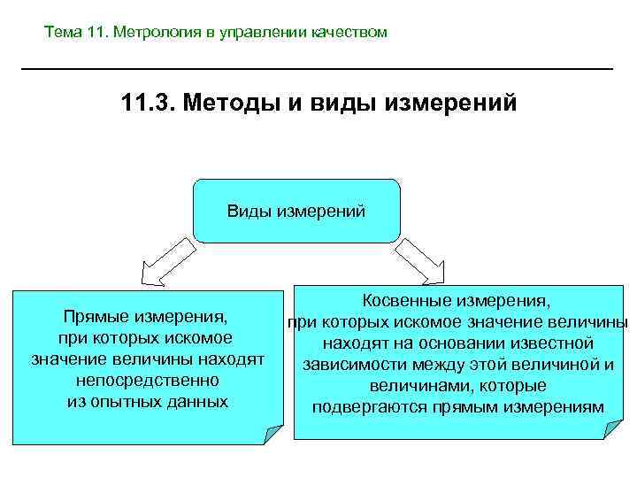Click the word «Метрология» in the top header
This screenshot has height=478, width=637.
point(152,33)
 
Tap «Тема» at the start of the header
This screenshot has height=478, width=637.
point(64,33)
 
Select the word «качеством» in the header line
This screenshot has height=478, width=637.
point(349,33)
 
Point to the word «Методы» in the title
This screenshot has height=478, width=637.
point(231,105)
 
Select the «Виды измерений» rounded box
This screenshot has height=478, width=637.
point(296,212)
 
